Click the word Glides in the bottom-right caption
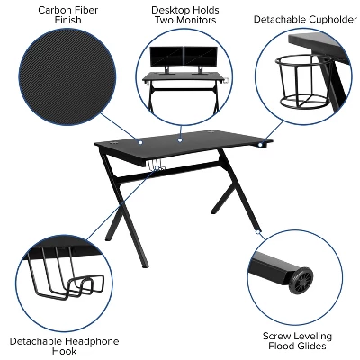(x=315, y=347)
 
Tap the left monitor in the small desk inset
(x=168, y=56)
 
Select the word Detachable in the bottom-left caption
(x=35, y=342)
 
